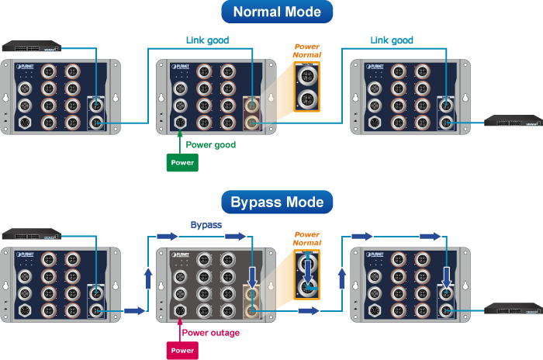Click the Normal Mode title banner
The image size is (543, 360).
click(x=277, y=12)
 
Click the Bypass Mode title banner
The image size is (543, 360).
click(x=277, y=203)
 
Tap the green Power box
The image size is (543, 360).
click(x=182, y=162)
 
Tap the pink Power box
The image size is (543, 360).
click(x=182, y=351)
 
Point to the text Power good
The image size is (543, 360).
click(x=211, y=145)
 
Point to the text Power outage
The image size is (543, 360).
click(x=210, y=333)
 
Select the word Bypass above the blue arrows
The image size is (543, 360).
click(x=206, y=225)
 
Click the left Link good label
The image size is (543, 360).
click(x=207, y=40)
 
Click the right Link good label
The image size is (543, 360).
click(x=392, y=40)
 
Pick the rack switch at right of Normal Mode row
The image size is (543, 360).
click(x=511, y=120)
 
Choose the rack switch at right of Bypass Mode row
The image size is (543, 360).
click(x=511, y=310)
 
